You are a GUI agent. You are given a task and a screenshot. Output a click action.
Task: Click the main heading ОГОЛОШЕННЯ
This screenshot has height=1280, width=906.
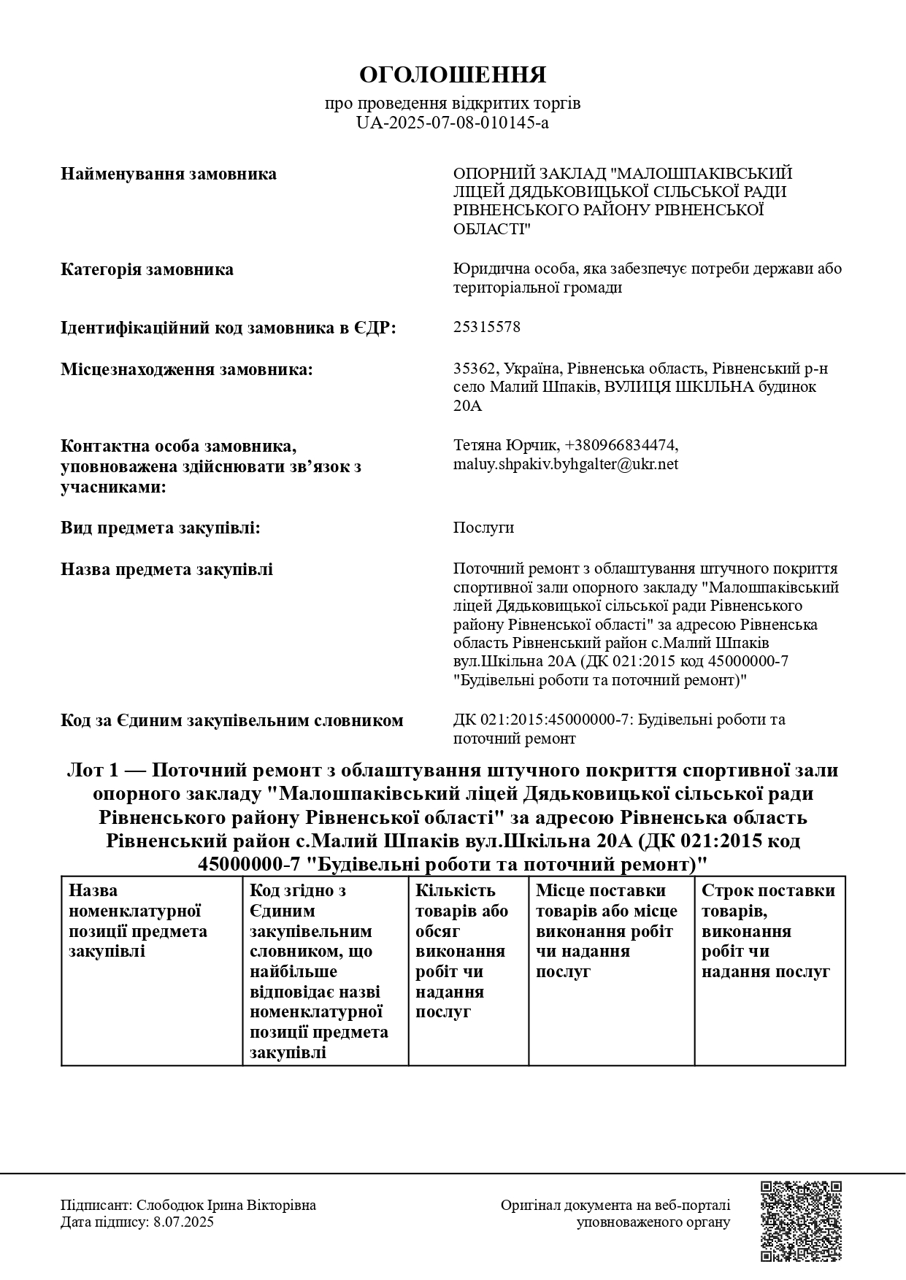[453, 75]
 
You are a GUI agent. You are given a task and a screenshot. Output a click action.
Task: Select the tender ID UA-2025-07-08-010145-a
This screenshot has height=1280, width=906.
[453, 123]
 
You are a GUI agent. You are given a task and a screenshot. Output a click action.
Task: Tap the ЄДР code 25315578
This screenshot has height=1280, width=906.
[487, 327]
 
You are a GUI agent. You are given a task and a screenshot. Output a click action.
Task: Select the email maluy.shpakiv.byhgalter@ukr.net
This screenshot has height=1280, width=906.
[565, 464]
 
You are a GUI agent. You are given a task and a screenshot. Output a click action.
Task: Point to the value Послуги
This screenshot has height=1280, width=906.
[483, 528]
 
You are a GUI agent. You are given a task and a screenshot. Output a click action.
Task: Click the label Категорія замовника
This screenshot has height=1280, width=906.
[147, 269]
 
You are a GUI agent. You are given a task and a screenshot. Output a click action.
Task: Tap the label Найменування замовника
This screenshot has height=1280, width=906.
[169, 174]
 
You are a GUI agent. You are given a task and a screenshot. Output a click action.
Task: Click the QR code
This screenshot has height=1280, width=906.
[801, 1222]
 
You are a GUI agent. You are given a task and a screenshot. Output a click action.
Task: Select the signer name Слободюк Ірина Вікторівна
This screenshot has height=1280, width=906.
[226, 1205]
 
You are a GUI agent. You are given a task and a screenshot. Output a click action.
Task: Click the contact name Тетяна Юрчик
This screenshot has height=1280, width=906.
[506, 445]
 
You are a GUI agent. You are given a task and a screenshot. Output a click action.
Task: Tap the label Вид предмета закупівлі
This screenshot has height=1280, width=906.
[160, 528]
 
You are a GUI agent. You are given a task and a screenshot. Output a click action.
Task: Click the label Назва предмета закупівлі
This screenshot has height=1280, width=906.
[166, 569]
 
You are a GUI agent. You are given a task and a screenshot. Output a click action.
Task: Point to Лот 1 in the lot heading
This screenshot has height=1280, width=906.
[91, 771]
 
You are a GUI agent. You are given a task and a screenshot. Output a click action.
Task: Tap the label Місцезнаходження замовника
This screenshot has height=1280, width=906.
[186, 369]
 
